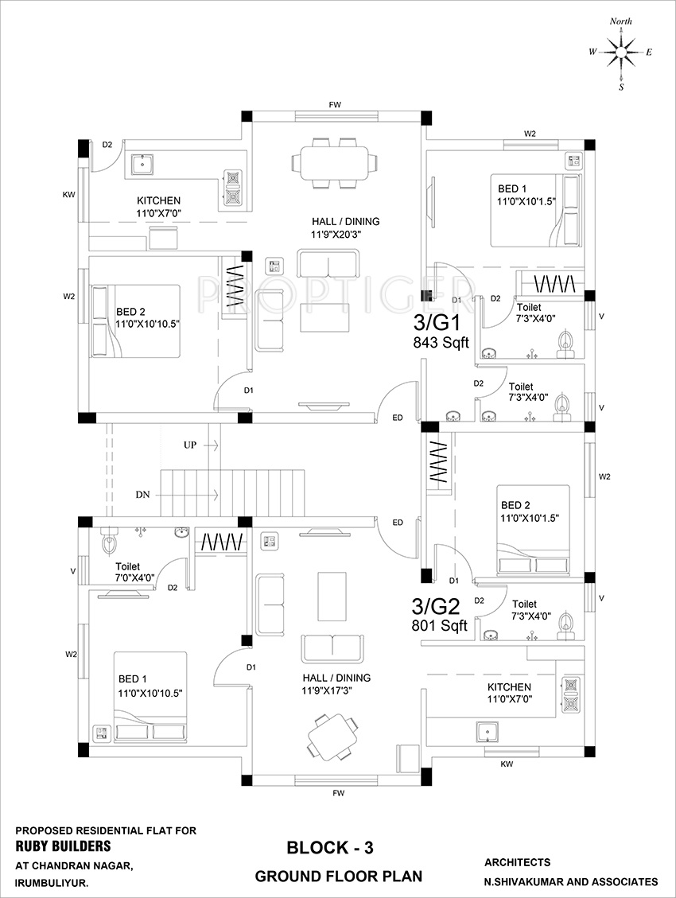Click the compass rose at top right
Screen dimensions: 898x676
[x=620, y=52]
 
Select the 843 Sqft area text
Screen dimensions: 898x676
[x=440, y=343]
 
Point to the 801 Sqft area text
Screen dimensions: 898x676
[x=438, y=626]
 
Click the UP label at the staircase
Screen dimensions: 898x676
[x=190, y=445]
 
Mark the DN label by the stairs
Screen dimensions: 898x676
[x=142, y=494]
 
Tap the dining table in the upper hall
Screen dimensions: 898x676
[x=333, y=163]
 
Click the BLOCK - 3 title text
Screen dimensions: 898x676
[x=329, y=848]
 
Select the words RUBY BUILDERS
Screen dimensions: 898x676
[x=64, y=846]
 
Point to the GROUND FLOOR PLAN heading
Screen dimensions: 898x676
[x=338, y=877]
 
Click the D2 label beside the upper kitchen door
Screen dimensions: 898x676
[x=107, y=144]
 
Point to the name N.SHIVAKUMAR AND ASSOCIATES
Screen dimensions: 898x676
[x=571, y=881]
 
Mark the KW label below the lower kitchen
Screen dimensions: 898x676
[x=506, y=764]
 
